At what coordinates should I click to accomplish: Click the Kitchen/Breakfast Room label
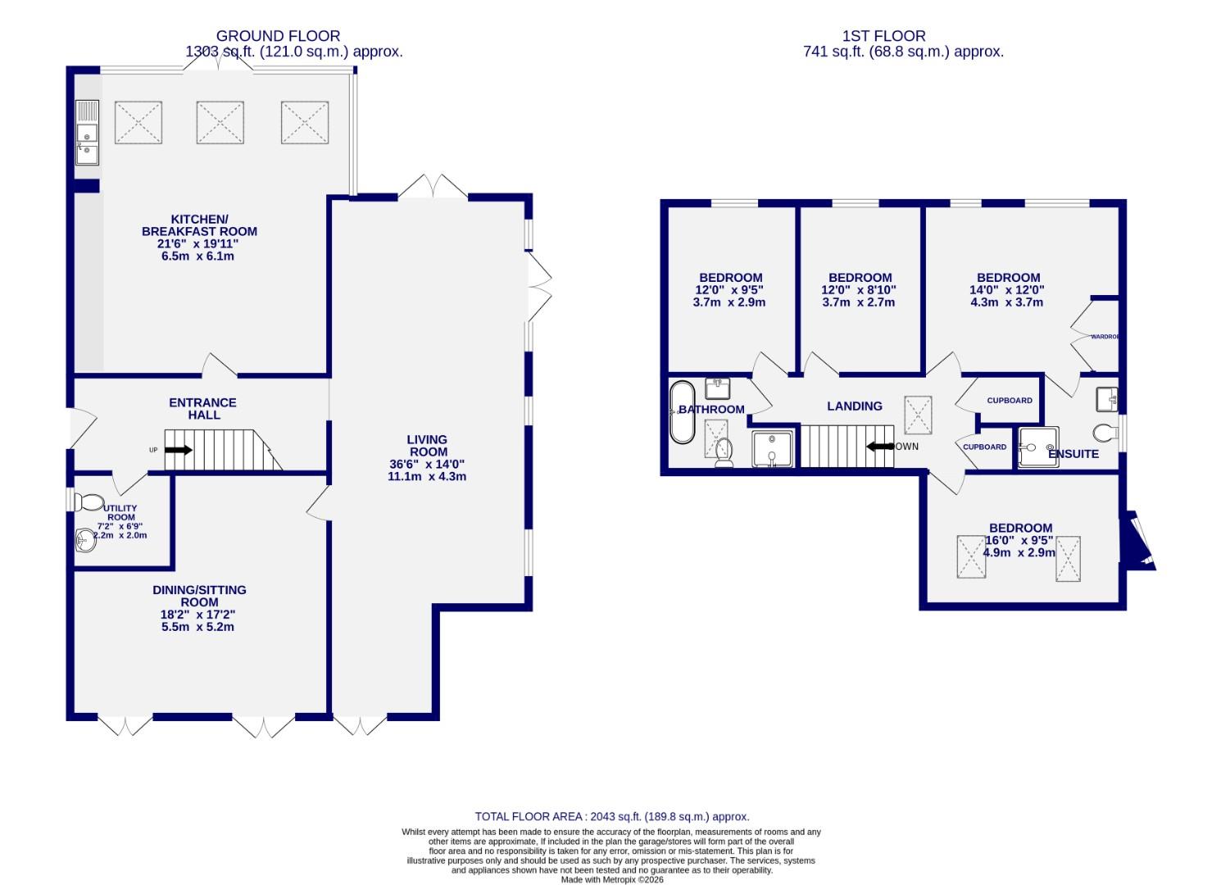coord(199,225)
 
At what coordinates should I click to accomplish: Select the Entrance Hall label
coord(202,408)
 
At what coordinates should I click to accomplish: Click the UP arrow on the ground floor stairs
coord(179,450)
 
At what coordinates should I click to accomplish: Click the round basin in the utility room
coord(84,540)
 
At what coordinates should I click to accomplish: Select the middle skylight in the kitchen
coord(220,123)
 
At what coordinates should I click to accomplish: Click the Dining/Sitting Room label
coord(199,596)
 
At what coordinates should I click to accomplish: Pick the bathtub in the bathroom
coord(681,412)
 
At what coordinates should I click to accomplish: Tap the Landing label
coord(855,406)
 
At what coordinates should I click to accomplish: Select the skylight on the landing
coord(917,414)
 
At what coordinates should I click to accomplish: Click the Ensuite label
coord(1073,453)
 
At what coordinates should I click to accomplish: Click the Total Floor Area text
coord(612,816)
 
